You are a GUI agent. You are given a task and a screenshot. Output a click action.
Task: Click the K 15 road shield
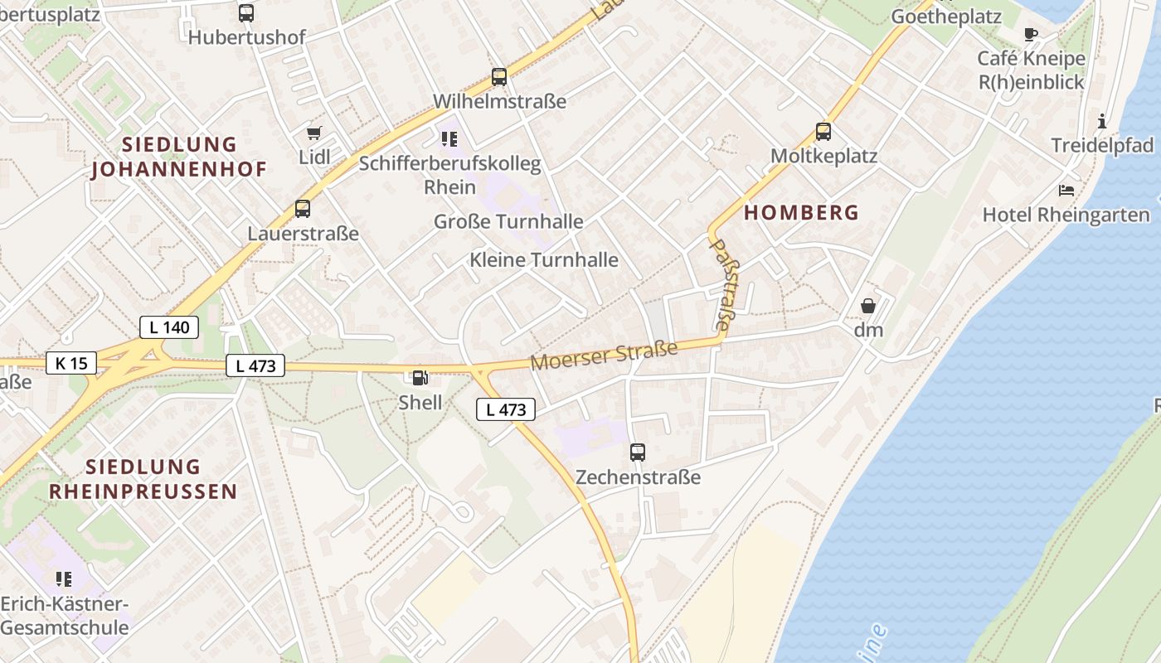point(71,363)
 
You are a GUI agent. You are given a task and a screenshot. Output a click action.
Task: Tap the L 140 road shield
point(169,327)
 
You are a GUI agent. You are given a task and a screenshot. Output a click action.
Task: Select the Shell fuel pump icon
point(420,378)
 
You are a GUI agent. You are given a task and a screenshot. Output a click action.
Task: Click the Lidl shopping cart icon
point(314,133)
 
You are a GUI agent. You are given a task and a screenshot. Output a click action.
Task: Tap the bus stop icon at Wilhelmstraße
point(498,77)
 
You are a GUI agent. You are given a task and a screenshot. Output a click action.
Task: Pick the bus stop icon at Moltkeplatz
point(823,132)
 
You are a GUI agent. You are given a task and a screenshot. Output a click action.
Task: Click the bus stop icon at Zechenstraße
point(637,452)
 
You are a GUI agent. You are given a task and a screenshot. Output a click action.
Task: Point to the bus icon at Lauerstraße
point(303,209)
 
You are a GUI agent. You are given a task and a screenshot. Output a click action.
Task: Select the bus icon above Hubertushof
point(246,13)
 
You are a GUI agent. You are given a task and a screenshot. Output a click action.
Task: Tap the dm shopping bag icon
point(868,306)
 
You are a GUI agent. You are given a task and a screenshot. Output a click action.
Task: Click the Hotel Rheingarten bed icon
point(1066,191)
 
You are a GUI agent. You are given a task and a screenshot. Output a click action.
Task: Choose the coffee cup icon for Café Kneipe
point(1031,34)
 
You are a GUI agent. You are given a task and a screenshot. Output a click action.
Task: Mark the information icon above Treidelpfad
point(1101,121)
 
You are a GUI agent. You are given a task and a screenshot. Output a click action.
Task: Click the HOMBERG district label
point(801,212)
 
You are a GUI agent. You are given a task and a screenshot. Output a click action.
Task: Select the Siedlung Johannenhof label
point(179,157)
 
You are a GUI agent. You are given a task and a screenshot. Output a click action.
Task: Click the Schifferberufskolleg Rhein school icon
point(449,138)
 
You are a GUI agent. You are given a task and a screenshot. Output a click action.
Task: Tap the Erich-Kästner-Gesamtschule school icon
point(64,578)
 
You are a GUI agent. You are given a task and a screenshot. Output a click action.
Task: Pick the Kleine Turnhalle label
point(544,259)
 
